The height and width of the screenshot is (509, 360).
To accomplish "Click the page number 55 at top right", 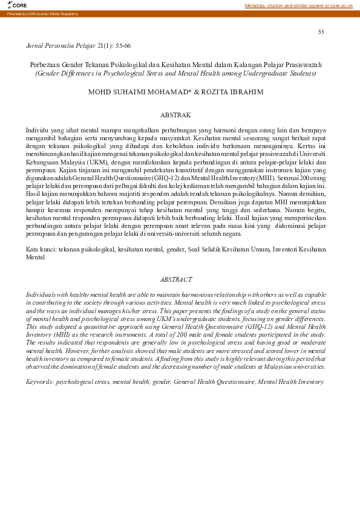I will [321, 31].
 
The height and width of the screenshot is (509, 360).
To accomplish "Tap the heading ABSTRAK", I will [175, 114].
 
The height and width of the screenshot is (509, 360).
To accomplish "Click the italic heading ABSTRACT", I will [175, 279].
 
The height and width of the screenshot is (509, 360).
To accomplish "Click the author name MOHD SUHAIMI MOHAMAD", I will [140, 92].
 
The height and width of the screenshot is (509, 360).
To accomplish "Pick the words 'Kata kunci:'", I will [41, 249].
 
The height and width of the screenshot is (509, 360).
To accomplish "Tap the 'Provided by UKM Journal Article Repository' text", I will [42, 13].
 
